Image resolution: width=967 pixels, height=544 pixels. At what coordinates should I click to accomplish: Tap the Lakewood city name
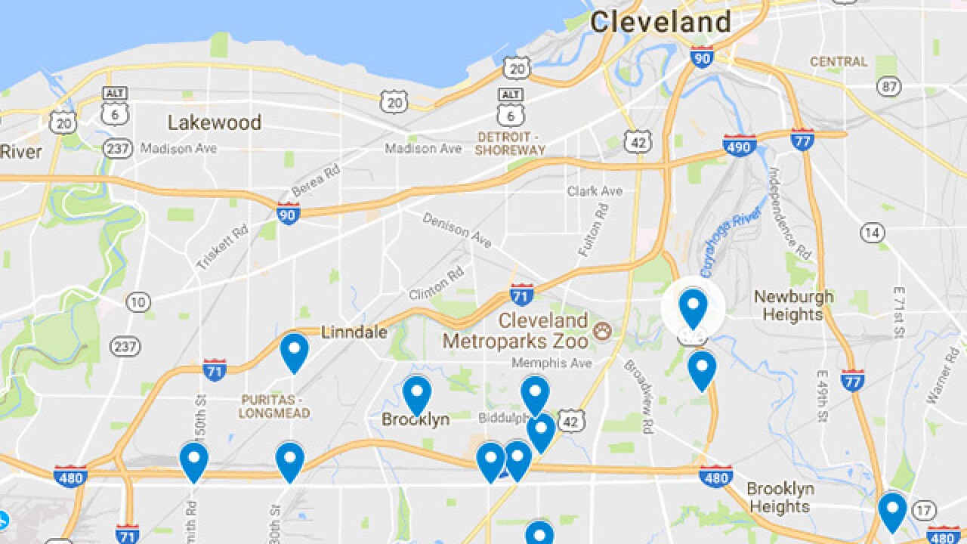(214, 122)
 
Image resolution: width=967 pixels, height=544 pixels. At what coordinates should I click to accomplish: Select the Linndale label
(354, 332)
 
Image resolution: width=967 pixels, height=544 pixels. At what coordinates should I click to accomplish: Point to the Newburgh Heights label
(793, 305)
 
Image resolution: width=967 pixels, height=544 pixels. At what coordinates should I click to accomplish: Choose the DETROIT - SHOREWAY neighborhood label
(510, 143)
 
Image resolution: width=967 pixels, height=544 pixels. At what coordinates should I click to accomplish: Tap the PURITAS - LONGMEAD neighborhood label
(274, 406)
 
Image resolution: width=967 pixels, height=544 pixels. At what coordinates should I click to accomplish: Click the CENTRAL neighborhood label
(839, 61)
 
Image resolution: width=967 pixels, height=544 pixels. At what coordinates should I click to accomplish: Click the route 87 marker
(889, 86)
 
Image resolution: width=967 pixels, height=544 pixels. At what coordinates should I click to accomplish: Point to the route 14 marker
(872, 233)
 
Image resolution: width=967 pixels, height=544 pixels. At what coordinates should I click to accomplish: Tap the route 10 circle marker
(137, 302)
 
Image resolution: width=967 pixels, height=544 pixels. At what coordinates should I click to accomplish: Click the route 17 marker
(922, 511)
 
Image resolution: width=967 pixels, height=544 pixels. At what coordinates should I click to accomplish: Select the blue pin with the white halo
(693, 307)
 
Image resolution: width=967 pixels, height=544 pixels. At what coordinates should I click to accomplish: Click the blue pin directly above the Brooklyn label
(416, 394)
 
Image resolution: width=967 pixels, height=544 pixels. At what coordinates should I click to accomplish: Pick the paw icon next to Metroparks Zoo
(602, 331)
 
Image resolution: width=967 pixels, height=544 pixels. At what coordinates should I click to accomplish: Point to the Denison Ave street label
(457, 230)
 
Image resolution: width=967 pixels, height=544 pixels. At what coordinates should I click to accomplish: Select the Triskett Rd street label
(222, 247)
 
